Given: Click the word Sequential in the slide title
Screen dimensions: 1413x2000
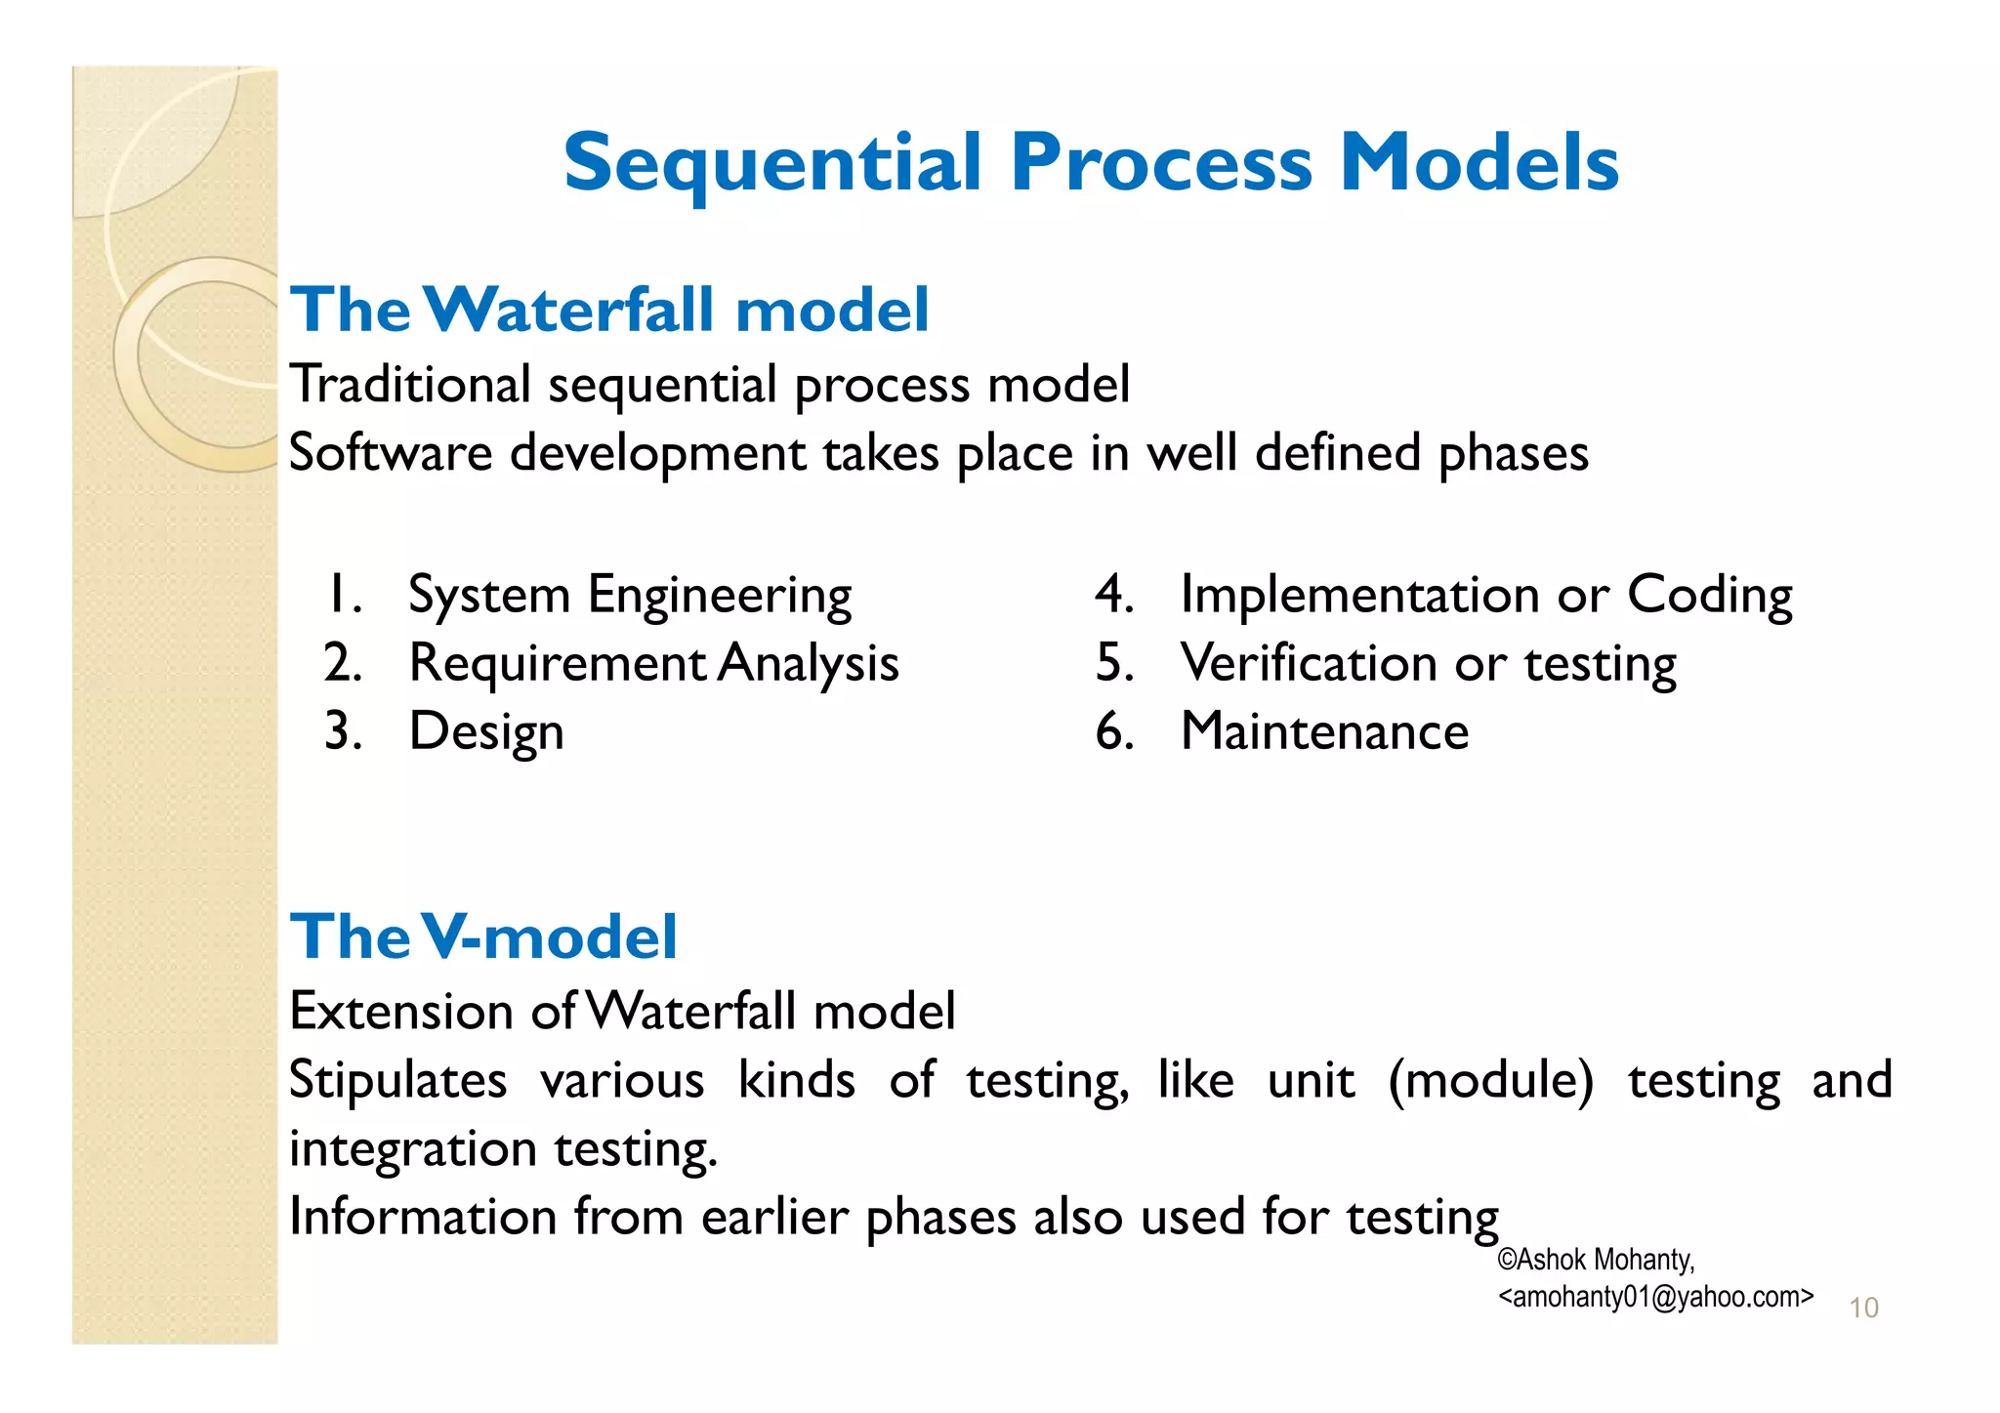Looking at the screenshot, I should pyautogui.click(x=771, y=163).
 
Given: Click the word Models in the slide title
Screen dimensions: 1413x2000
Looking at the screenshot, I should pyautogui.click(x=1479, y=163).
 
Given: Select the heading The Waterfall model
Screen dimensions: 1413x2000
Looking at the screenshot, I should pyautogui.click(x=609, y=311).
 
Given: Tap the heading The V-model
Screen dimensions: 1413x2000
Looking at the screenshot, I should pyautogui.click(x=483, y=936).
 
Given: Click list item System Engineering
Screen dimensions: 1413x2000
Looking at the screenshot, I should pyautogui.click(x=630, y=595).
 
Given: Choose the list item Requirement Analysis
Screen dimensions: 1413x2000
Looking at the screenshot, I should pyautogui.click(x=653, y=663).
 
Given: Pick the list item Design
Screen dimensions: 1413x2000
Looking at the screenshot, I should pyautogui.click(x=486, y=731).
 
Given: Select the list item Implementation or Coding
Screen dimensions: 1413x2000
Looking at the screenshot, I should pyautogui.click(x=1486, y=595).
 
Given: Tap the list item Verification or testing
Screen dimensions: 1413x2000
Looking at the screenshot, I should pyautogui.click(x=1428, y=663).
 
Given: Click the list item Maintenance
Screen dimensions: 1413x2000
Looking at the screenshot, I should pyautogui.click(x=1324, y=731).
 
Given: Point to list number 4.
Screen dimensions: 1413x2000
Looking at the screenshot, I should pyautogui.click(x=1113, y=595).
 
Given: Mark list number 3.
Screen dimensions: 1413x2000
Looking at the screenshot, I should pyautogui.click(x=343, y=731).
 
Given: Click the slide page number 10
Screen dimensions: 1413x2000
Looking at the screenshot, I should pyautogui.click(x=1863, y=1308).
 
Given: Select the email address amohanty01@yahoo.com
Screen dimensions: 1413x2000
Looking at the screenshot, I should pyautogui.click(x=1655, y=1297).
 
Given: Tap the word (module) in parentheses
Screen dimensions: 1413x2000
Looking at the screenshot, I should pyautogui.click(x=1490, y=1080).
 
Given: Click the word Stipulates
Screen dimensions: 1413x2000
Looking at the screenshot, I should pyautogui.click(x=397, y=1080).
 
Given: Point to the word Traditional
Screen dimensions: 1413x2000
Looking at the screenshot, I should pyautogui.click(x=410, y=384).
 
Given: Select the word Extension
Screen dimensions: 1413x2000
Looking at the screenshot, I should pyautogui.click(x=401, y=1011).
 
